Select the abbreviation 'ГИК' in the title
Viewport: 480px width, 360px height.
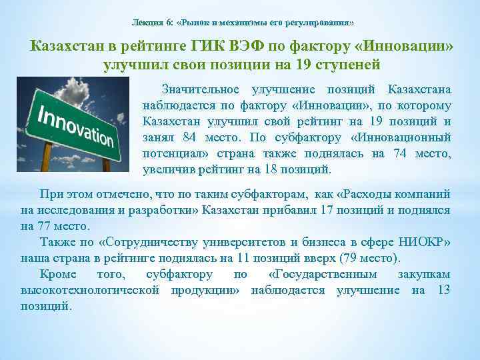pyautogui.click(x=209, y=47)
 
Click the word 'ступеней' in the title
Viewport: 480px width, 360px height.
pyautogui.click(x=346, y=65)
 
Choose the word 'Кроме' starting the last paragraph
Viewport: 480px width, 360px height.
pyautogui.click(x=59, y=274)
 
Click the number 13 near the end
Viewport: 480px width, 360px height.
pyautogui.click(x=443, y=290)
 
